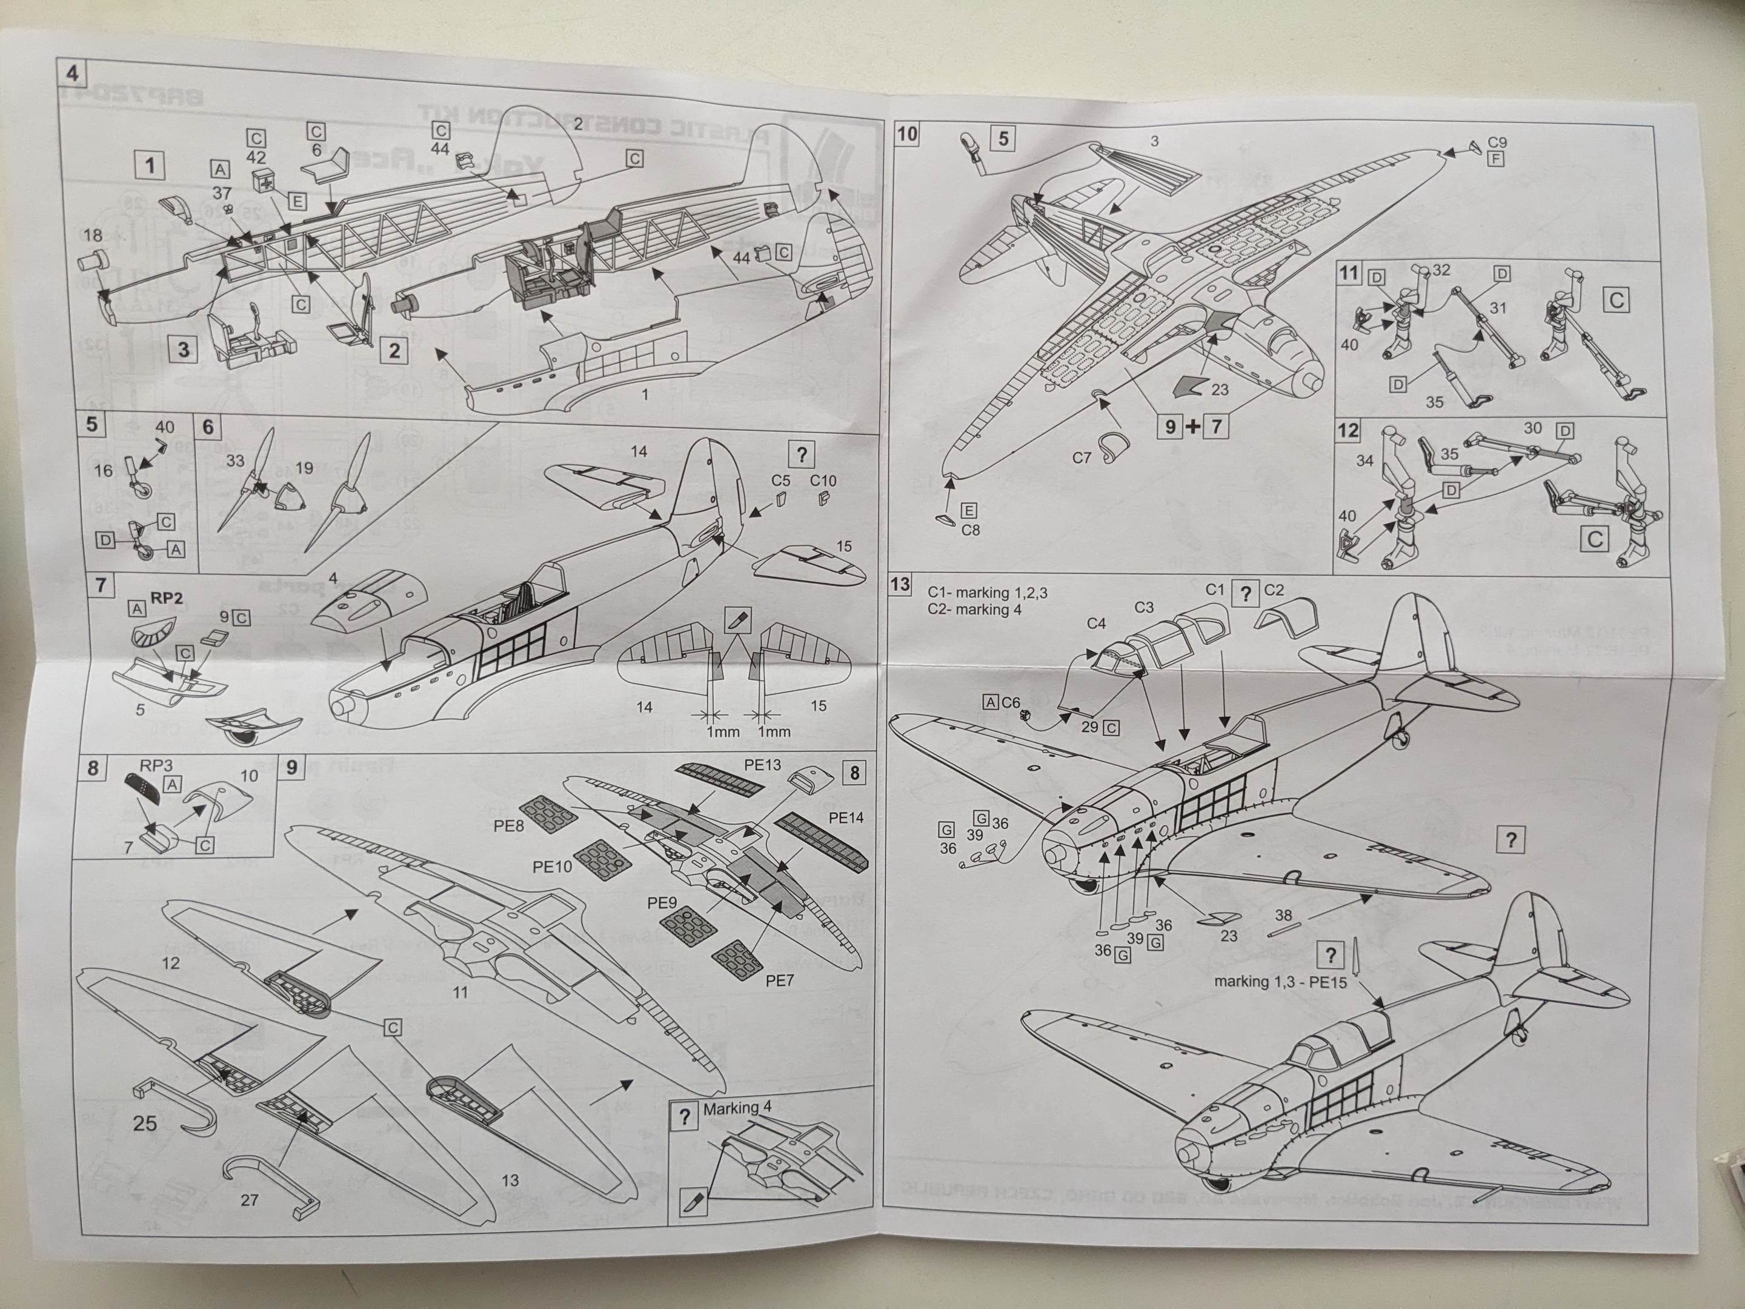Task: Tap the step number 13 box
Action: click(x=900, y=585)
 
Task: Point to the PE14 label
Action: click(x=846, y=818)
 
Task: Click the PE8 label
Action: click(x=509, y=827)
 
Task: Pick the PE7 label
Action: click(x=779, y=980)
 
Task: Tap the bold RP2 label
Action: click(x=167, y=599)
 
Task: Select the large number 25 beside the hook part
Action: click(x=144, y=1123)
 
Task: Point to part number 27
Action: click(x=249, y=1200)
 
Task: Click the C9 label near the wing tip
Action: click(x=1497, y=143)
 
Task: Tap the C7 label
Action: click(x=1081, y=458)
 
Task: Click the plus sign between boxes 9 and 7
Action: click(x=1193, y=427)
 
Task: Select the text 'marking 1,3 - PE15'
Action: click(x=1280, y=982)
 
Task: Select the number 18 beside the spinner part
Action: click(x=92, y=235)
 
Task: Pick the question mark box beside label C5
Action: click(x=802, y=454)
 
